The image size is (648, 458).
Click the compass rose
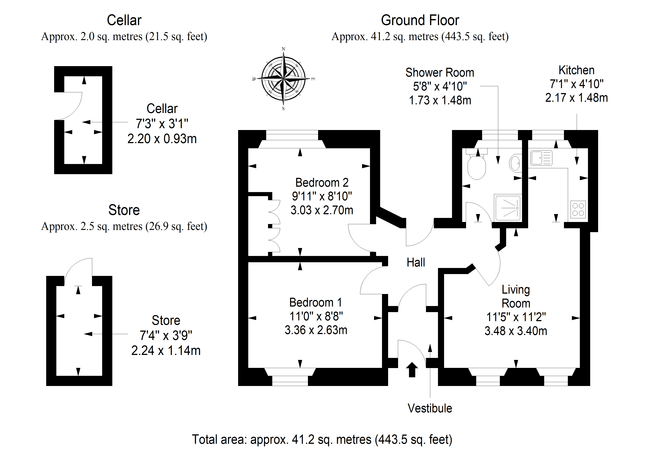coord(283,78)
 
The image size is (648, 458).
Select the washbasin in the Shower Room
coord(515,163)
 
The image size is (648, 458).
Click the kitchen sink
coord(541,158)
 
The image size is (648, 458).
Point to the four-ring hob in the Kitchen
coord(578,209)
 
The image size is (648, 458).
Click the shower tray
coord(507,208)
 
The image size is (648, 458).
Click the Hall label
coord(416,262)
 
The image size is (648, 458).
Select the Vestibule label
coord(430,408)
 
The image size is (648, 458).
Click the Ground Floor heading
coord(420,20)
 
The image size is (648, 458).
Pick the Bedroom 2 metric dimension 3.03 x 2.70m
coord(322,210)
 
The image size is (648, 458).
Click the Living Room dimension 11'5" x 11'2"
coord(516,317)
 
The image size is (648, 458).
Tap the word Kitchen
coord(576,70)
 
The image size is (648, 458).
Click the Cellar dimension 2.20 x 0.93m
coord(162,139)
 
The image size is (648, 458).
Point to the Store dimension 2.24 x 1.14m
coord(166,351)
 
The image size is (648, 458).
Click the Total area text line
coord(322,439)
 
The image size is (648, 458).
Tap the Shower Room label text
coord(440,73)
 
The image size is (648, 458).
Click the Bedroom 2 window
coord(292,135)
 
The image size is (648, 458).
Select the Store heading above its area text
coord(124,210)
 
